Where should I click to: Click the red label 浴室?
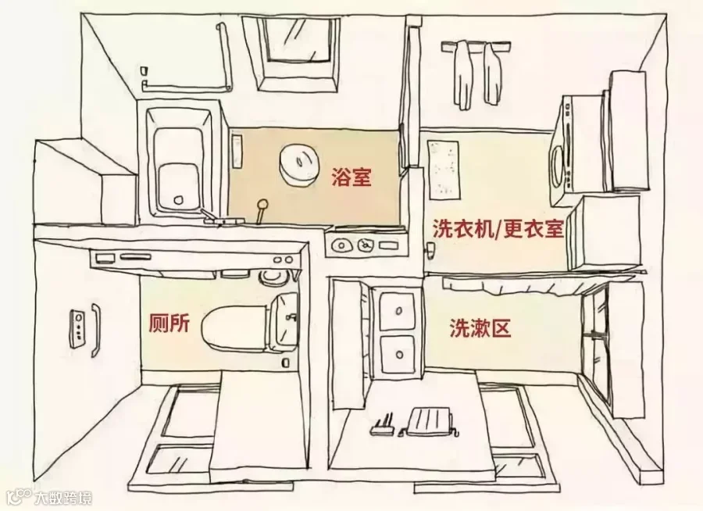(352, 177)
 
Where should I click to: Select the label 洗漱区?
(480, 328)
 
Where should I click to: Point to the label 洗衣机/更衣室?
(498, 229)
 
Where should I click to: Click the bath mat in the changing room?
(444, 170)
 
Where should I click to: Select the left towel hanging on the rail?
(463, 74)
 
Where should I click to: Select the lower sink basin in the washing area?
(398, 355)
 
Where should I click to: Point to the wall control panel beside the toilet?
(77, 328)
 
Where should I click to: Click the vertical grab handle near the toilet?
(96, 330)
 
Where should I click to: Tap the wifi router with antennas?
(381, 426)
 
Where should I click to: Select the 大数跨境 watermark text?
(64, 498)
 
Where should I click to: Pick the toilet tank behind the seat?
(283, 320)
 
